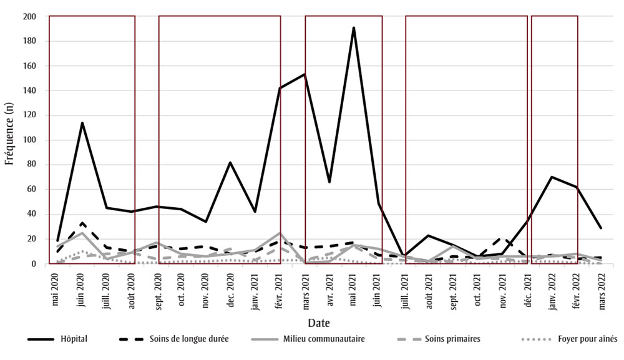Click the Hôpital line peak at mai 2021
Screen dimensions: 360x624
tap(354, 27)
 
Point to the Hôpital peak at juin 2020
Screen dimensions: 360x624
tap(82, 123)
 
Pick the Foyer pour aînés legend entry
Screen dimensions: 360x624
tap(569, 339)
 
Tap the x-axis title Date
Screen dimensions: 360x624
tap(318, 323)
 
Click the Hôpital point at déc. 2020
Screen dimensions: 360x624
tap(230, 162)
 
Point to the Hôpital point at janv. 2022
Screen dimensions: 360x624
tap(552, 177)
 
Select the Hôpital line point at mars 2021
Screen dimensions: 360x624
tap(305, 74)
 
